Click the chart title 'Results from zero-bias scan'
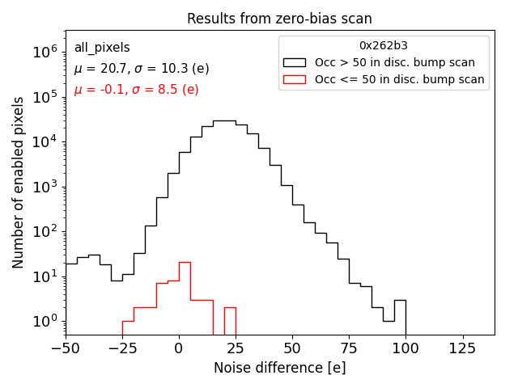click(x=279, y=19)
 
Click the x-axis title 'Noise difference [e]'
click(x=279, y=368)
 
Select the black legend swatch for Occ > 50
click(x=295, y=62)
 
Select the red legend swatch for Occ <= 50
click(x=295, y=79)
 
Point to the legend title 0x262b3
click(x=384, y=46)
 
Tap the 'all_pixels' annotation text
click(x=102, y=48)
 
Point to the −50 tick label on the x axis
click(x=66, y=349)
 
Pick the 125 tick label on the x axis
click(x=463, y=349)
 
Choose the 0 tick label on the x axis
click(x=179, y=349)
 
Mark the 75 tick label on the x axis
click(x=350, y=349)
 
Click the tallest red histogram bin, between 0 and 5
click(x=185, y=299)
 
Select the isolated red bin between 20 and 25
click(x=230, y=321)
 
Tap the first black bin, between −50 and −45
click(x=71, y=299)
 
